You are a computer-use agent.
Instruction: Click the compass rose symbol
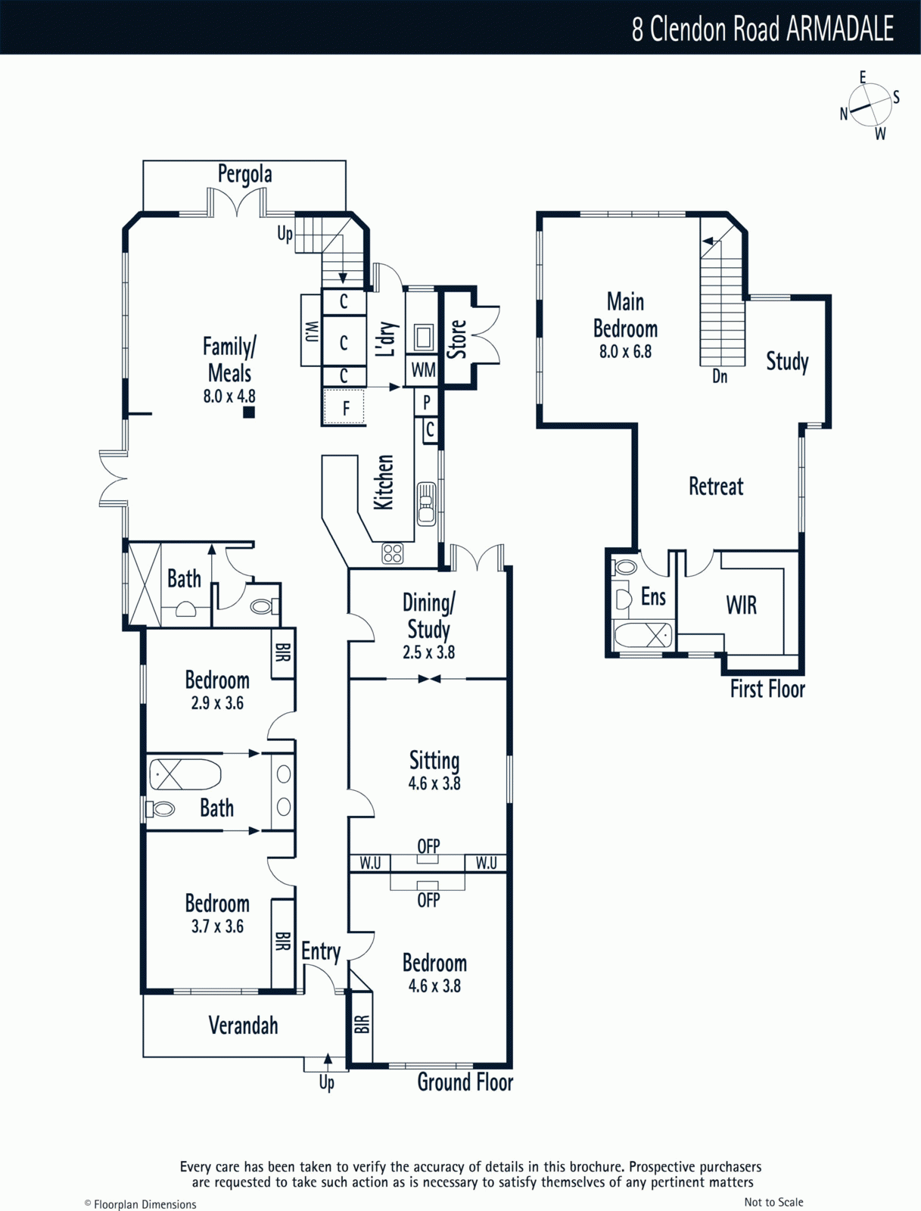pos(870,104)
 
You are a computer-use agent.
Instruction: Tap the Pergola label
pos(245,174)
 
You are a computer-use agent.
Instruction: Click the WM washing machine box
pos(423,369)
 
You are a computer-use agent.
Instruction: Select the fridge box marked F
pos(344,407)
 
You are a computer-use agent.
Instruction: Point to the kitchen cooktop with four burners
pos(393,553)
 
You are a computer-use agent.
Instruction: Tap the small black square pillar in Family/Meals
pos(249,412)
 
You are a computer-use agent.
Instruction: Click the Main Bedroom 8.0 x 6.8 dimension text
pos(625,351)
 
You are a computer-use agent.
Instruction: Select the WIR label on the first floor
pos(741,605)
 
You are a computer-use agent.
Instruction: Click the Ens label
pos(654,596)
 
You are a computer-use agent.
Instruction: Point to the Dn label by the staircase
pos(720,376)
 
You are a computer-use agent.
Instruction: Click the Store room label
pos(456,339)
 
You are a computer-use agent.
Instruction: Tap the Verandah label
pos(243,1025)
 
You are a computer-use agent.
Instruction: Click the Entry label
pos(321,952)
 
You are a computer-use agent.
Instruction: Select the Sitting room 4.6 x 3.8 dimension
pos(434,783)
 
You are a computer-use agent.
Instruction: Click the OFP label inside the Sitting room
pos(428,845)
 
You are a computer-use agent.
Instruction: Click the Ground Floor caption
pos(465,1082)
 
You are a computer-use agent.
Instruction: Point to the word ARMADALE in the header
pos(839,29)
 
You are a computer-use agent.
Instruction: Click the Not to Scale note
pos(773,1202)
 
